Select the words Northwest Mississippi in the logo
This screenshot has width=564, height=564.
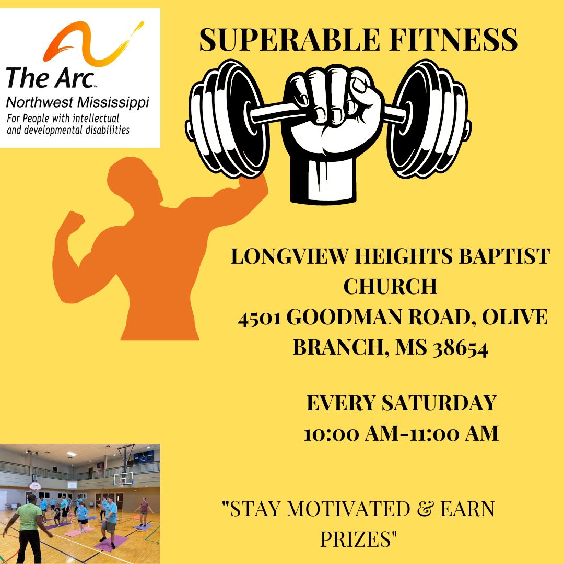pyautogui.click(x=78, y=102)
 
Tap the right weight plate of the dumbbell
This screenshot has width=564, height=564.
pyautogui.click(x=430, y=119)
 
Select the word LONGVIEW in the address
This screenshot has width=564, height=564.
pyautogui.click(x=289, y=256)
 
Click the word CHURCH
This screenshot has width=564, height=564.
pyautogui.click(x=390, y=286)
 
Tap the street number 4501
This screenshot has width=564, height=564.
pyautogui.click(x=259, y=318)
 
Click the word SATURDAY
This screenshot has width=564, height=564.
pyautogui.click(x=439, y=403)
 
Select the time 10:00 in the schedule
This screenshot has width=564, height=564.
pyautogui.click(x=332, y=433)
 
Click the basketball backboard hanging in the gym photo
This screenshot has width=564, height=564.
pyautogui.click(x=123, y=478)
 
